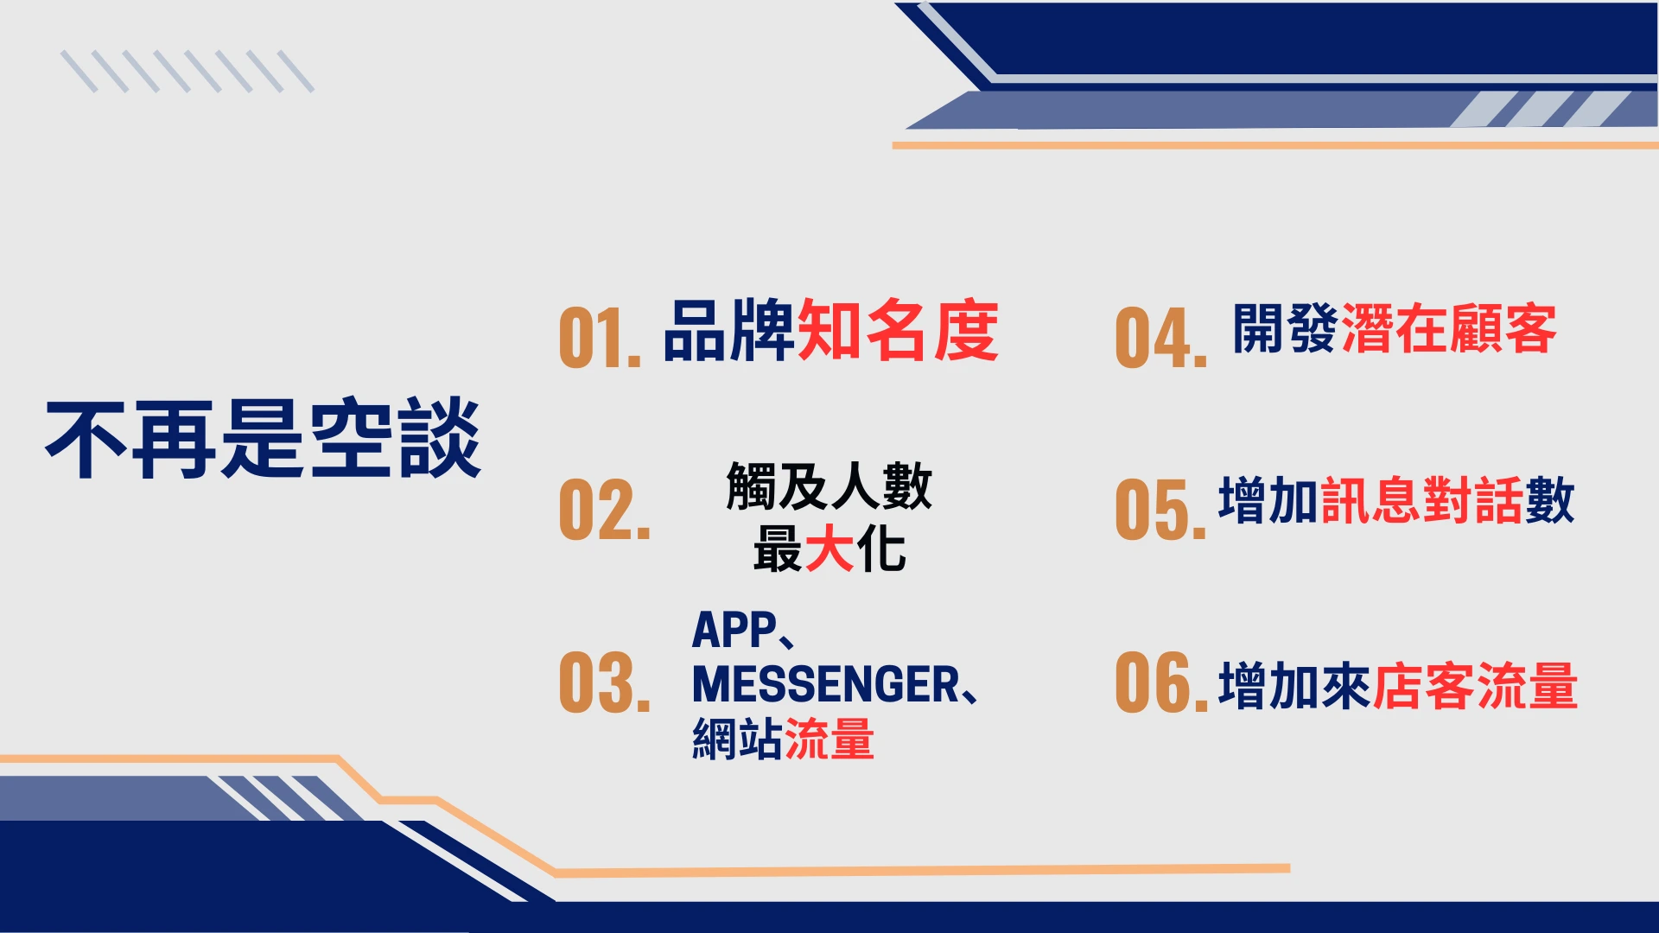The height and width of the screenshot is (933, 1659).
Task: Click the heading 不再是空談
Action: tap(264, 438)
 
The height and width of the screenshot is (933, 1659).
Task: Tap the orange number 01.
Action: tap(600, 337)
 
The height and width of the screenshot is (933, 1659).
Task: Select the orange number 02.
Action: tap(604, 510)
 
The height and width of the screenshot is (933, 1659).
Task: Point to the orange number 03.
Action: tap(604, 682)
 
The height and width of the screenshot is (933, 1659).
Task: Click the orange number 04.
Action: tap(1160, 337)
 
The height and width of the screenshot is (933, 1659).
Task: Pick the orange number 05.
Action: tap(1160, 510)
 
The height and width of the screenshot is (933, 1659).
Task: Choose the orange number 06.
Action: tap(1161, 682)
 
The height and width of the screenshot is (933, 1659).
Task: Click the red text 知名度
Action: tap(898, 330)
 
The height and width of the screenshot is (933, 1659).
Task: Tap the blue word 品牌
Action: tap(729, 330)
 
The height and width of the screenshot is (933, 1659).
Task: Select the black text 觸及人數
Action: tap(829, 486)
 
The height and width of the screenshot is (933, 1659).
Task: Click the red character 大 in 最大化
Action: tap(829, 549)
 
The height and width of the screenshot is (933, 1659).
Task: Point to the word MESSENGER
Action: tap(826, 684)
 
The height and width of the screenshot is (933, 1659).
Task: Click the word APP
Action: tap(734, 630)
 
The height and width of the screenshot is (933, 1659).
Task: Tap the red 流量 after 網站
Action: tap(829, 739)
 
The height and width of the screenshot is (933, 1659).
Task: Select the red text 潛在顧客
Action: tap(1449, 328)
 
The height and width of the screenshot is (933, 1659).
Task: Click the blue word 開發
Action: tap(1287, 328)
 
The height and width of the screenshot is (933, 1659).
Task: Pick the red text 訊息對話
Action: tap(1422, 500)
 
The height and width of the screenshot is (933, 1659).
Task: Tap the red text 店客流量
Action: tap(1476, 686)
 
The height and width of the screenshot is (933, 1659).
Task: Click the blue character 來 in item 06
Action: tap(1346, 686)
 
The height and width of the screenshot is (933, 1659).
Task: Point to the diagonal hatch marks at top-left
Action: tap(188, 72)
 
